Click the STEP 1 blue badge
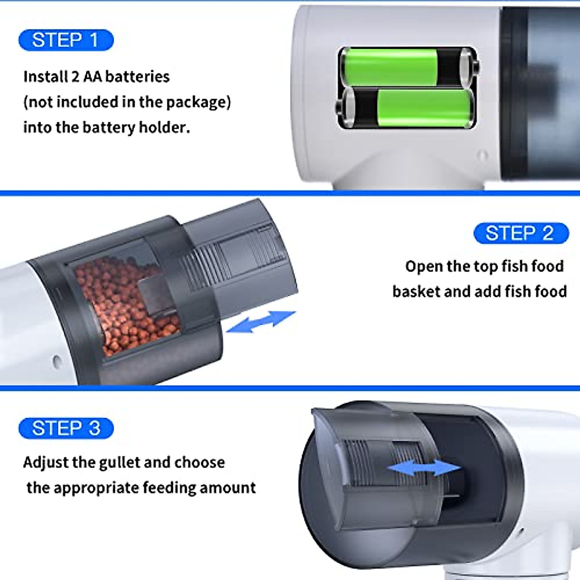click(66, 40)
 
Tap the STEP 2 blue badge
click(521, 233)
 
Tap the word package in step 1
click(195, 102)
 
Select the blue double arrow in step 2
click(261, 322)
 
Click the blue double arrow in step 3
click(424, 468)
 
